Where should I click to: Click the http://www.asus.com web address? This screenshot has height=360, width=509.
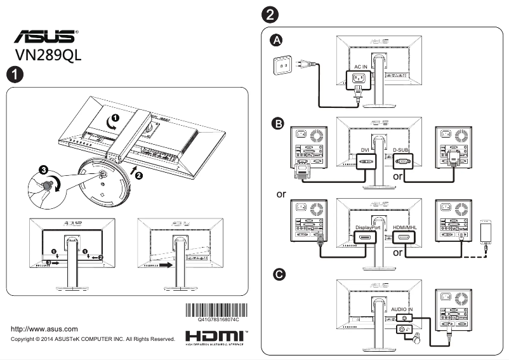pyautogui.click(x=44, y=329)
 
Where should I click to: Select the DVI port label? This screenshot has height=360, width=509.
pyautogui.click(x=365, y=150)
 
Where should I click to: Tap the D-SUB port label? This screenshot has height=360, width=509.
pyautogui.click(x=403, y=150)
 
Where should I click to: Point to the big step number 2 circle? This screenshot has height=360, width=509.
pyautogui.click(x=268, y=13)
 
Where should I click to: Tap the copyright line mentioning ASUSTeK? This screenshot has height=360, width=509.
pyautogui.click(x=93, y=340)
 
